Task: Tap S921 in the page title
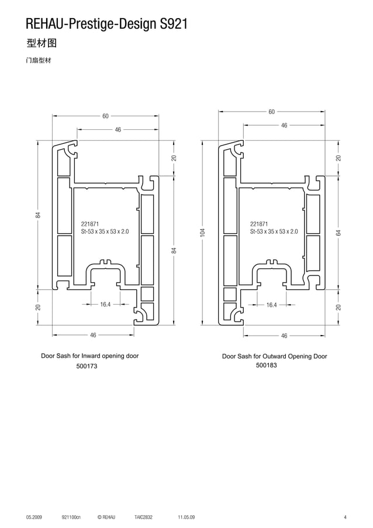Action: (x=173, y=24)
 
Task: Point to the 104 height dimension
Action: (x=202, y=233)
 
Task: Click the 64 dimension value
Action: (x=339, y=233)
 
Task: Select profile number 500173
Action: (x=87, y=366)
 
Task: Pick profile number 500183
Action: (x=266, y=365)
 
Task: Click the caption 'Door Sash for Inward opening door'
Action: (x=89, y=356)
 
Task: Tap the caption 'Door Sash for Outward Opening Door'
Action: (x=274, y=356)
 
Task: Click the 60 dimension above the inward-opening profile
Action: (x=105, y=116)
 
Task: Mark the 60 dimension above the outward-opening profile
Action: (x=272, y=112)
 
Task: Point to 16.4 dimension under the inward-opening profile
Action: (x=105, y=305)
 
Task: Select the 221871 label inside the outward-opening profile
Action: (x=259, y=224)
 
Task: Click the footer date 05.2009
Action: (x=34, y=517)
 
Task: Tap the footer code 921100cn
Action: (x=71, y=517)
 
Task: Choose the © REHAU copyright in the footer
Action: (x=106, y=517)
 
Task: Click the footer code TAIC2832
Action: (x=143, y=517)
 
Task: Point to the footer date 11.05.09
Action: (x=186, y=517)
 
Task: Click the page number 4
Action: (x=345, y=517)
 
